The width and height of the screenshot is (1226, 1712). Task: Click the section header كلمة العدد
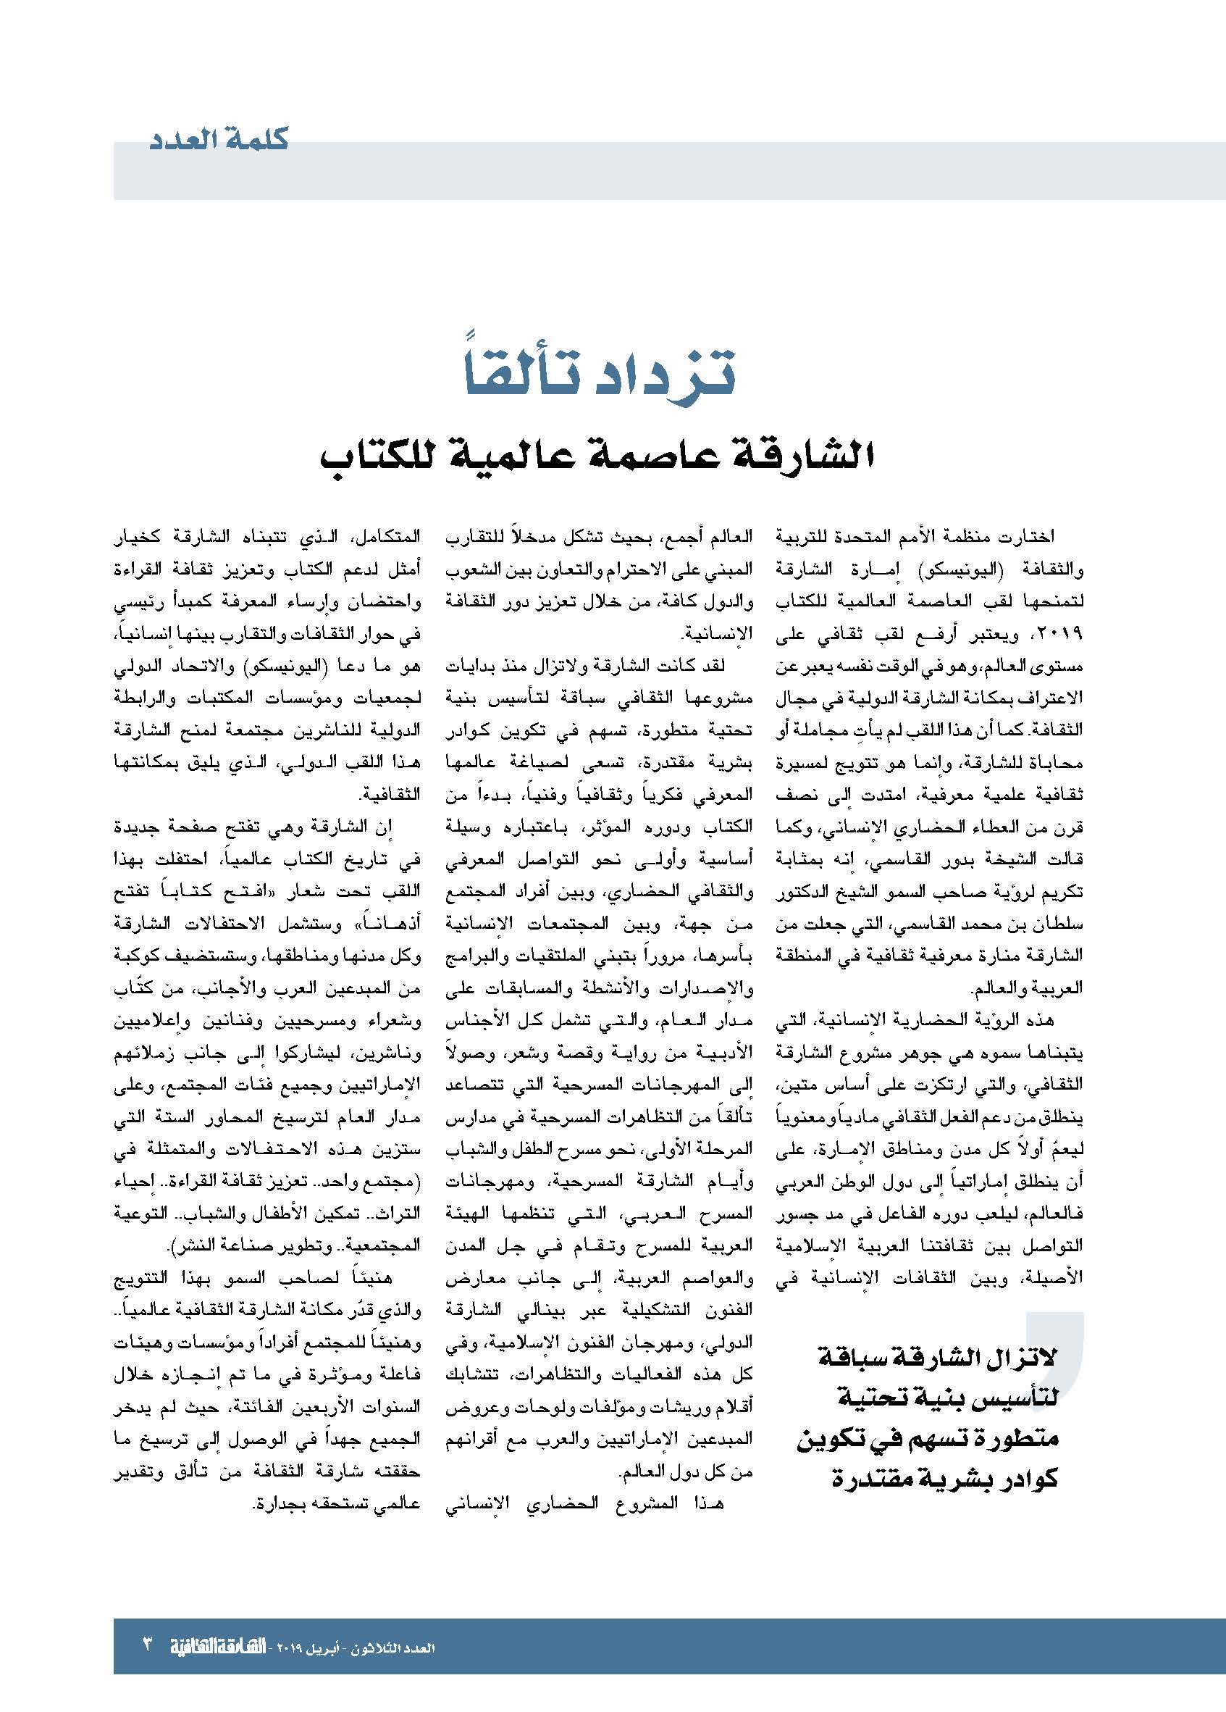[219, 141]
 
